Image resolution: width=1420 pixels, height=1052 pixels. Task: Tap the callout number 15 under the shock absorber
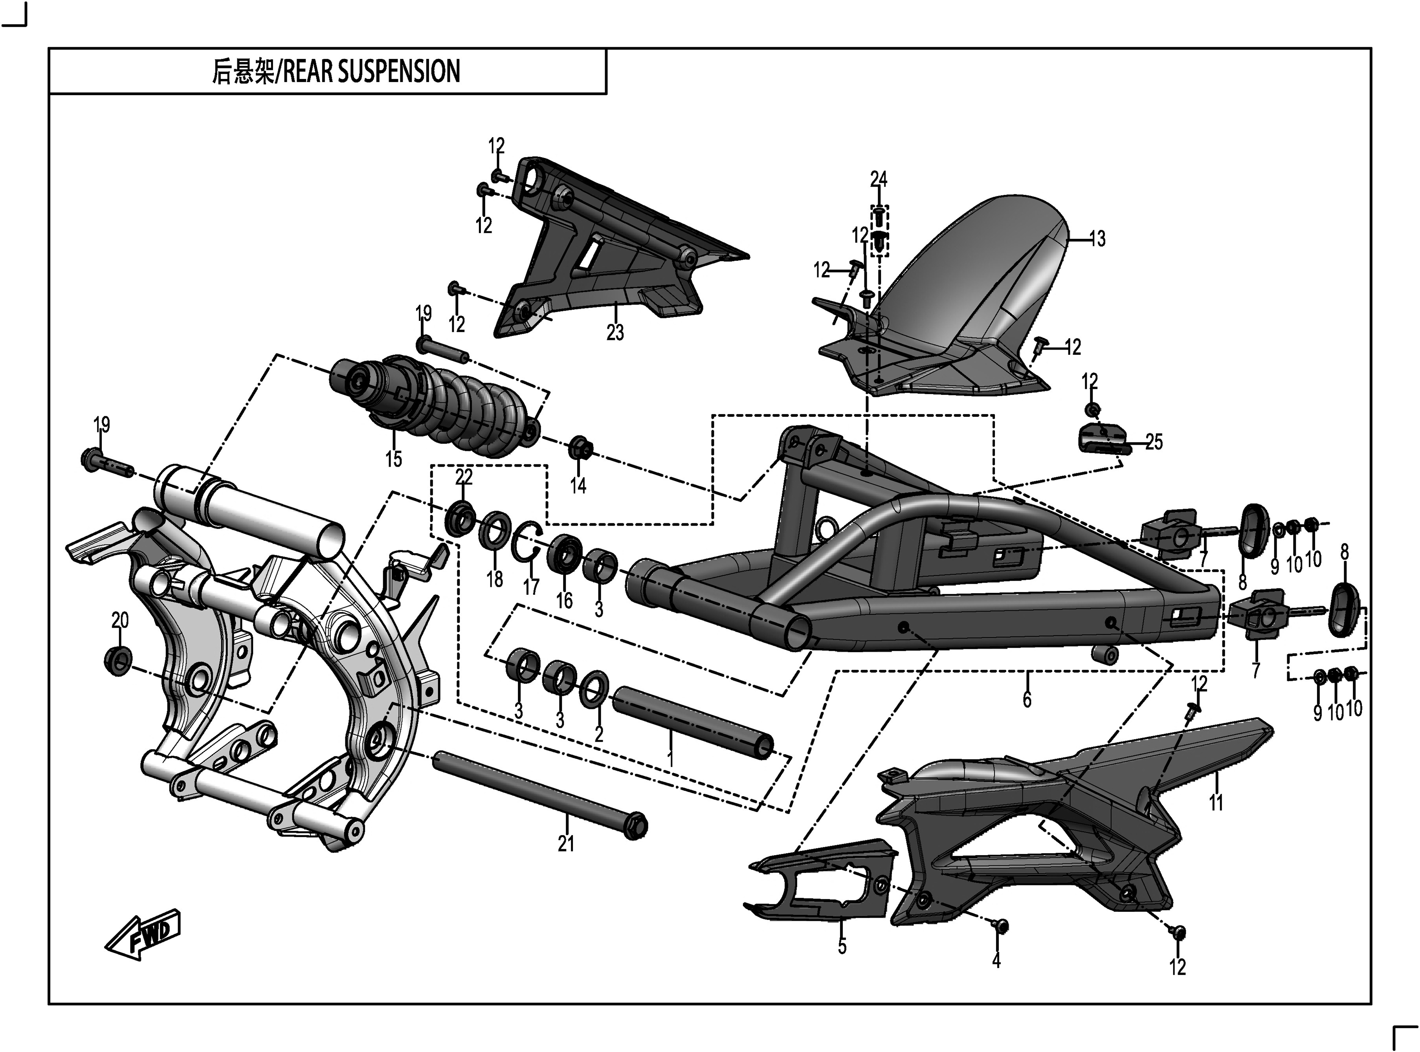click(x=394, y=458)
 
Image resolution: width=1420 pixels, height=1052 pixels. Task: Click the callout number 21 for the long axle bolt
click(x=566, y=844)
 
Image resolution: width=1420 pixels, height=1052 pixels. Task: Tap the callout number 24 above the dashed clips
click(x=879, y=180)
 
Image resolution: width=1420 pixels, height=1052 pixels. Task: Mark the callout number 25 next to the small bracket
click(x=1154, y=442)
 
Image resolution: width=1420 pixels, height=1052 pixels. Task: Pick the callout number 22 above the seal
click(x=464, y=477)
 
